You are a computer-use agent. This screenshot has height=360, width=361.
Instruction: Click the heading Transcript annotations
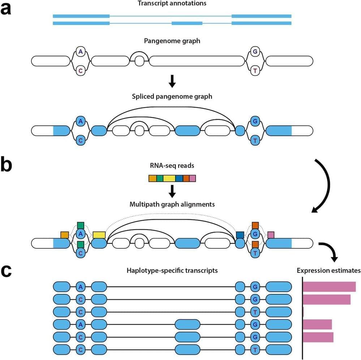pos(172,3)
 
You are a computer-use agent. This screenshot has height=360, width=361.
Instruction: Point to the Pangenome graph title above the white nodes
pos(172,41)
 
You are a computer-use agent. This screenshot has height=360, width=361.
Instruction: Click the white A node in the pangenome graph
pos(80,52)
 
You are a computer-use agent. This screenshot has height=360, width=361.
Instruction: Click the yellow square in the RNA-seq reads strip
pos(169,178)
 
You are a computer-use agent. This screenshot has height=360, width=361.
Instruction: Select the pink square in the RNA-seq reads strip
pos(193,178)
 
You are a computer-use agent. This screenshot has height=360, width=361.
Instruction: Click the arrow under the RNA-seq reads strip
pos(172,190)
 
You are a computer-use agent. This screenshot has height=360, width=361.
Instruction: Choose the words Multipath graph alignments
pos(172,204)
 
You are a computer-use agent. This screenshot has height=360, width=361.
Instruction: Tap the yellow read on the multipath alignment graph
pos(99,235)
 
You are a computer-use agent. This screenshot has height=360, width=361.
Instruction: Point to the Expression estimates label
pos(328,270)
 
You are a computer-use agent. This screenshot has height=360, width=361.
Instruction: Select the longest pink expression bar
pos(329,287)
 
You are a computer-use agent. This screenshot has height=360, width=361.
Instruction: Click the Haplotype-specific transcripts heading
pos(172,270)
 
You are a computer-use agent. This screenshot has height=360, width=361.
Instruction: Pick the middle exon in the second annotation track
pos(187,23)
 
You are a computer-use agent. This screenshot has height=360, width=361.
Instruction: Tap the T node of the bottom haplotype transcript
pos(255,350)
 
